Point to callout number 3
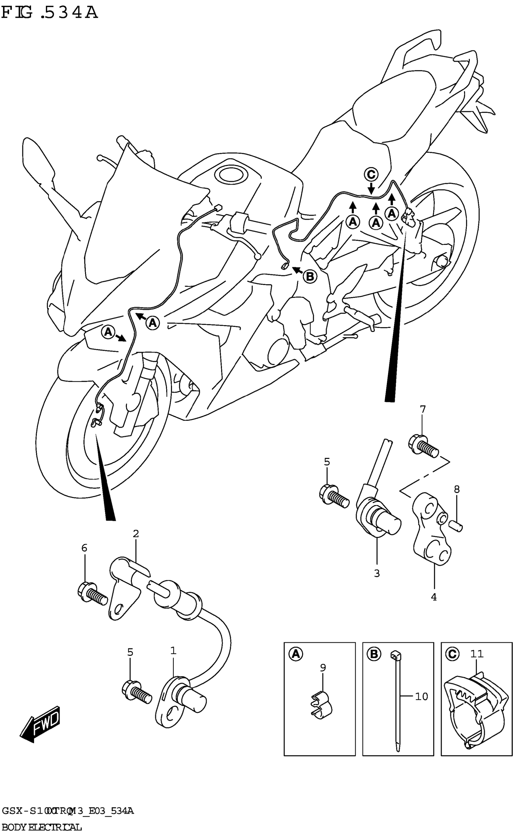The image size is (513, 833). (x=377, y=573)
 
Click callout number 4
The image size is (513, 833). (x=434, y=597)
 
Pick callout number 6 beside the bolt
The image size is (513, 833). (x=84, y=548)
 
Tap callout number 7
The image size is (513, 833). (x=423, y=410)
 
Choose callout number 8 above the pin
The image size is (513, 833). (x=457, y=489)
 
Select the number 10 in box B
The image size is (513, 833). (x=421, y=697)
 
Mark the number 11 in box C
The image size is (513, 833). (x=477, y=653)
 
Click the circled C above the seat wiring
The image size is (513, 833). (x=371, y=175)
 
